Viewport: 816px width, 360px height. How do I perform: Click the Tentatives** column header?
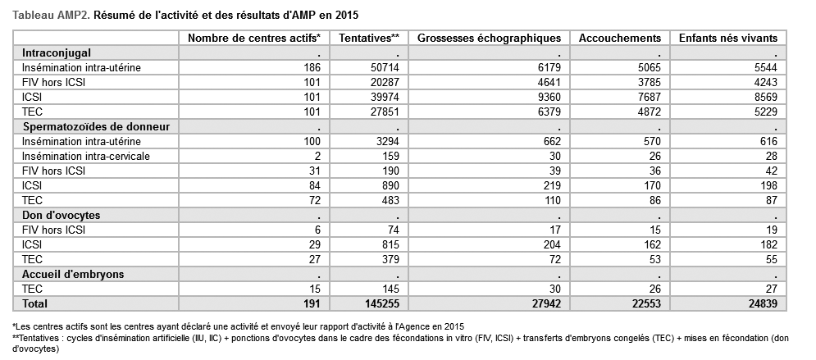369,38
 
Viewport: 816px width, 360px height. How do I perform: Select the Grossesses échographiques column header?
489,38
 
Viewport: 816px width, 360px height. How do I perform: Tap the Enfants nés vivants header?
728,38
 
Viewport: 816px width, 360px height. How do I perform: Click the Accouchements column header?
620,38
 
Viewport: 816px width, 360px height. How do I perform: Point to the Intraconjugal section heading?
57,52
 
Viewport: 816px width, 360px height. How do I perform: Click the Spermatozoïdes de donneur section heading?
96,126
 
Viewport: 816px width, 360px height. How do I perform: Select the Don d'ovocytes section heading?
61,215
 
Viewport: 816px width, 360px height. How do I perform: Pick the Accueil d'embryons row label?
73,274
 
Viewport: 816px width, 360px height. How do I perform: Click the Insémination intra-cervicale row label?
86,156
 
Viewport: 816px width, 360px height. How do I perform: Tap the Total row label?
34,303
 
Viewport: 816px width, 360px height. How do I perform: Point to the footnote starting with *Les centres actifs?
238,326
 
